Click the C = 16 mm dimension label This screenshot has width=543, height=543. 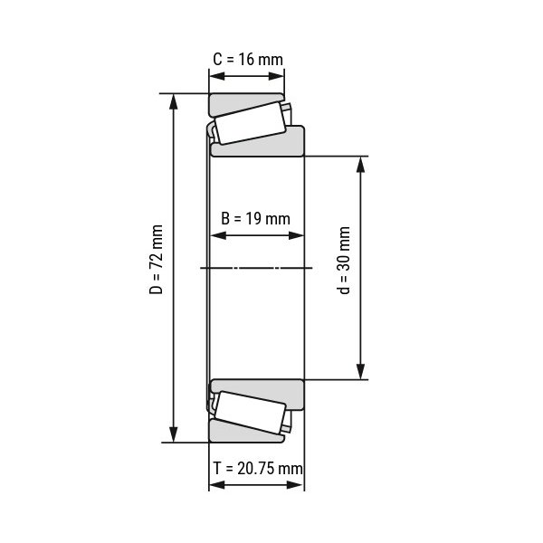point(247,60)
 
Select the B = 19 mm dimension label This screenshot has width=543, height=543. point(255,218)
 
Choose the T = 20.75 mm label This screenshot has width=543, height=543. point(257,468)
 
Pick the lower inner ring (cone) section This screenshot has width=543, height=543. point(271,391)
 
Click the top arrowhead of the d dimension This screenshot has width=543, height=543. point(361,164)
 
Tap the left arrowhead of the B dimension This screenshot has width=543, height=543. point(216,236)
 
